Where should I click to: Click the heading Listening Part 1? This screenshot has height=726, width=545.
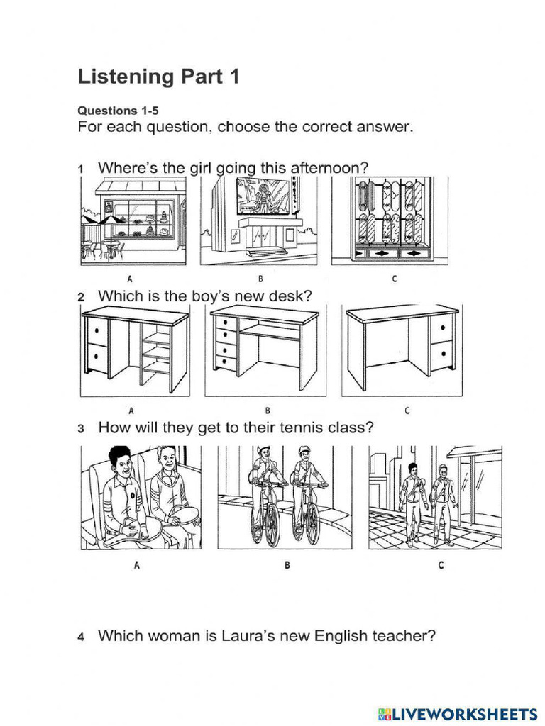[158, 77]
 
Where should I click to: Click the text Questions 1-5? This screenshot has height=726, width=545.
[118, 111]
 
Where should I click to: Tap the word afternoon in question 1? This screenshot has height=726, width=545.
[329, 167]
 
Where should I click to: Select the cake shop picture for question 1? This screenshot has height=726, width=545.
[133, 221]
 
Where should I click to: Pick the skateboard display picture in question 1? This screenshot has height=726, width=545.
[390, 221]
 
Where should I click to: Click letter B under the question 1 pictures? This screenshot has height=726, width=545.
[260, 279]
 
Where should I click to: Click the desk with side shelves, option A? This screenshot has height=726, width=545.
[135, 351]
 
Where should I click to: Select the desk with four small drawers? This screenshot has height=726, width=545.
[265, 350]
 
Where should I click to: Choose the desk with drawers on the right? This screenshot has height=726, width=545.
[402, 350]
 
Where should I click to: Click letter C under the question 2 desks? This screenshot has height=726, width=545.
[407, 411]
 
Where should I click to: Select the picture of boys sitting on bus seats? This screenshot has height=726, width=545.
[141, 498]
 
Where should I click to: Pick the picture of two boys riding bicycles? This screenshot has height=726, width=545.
[285, 498]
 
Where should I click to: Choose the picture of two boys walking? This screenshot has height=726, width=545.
[435, 498]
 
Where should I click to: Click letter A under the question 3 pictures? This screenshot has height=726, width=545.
[137, 565]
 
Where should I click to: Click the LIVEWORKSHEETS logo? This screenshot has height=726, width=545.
[458, 714]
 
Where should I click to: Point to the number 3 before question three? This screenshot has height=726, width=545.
[81, 428]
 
